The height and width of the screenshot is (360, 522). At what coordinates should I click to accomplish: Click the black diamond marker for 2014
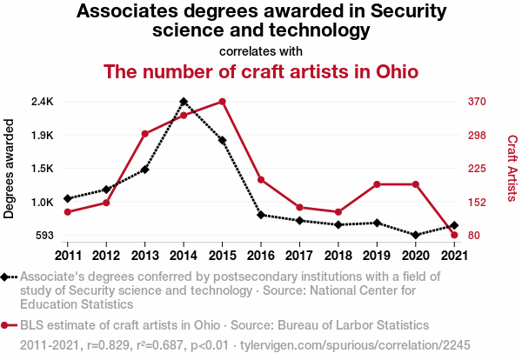pyautogui.click(x=184, y=102)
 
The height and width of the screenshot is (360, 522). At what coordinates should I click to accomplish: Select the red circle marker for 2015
pyautogui.click(x=222, y=102)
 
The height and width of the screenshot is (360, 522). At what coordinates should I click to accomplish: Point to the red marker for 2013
pyautogui.click(x=145, y=134)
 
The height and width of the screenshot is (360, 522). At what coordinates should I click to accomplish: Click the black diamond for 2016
pyautogui.click(x=261, y=215)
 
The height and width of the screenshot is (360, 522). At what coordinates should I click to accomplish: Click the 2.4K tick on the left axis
pyautogui.click(x=42, y=102)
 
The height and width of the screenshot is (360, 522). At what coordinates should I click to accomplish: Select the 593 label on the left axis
pyautogui.click(x=43, y=236)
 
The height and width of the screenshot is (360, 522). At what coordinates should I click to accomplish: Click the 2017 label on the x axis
pyautogui.click(x=299, y=255)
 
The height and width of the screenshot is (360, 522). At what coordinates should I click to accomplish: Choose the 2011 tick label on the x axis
pyautogui.click(x=68, y=255)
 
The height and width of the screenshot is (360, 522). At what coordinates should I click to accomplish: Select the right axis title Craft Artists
pyautogui.click(x=512, y=168)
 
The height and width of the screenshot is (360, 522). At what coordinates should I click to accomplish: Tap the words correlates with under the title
pyautogui.click(x=261, y=50)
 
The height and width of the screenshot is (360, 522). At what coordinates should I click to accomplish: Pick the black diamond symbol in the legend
pyautogui.click(x=6, y=277)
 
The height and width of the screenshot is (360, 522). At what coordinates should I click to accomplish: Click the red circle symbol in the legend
pyautogui.click(x=6, y=325)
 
